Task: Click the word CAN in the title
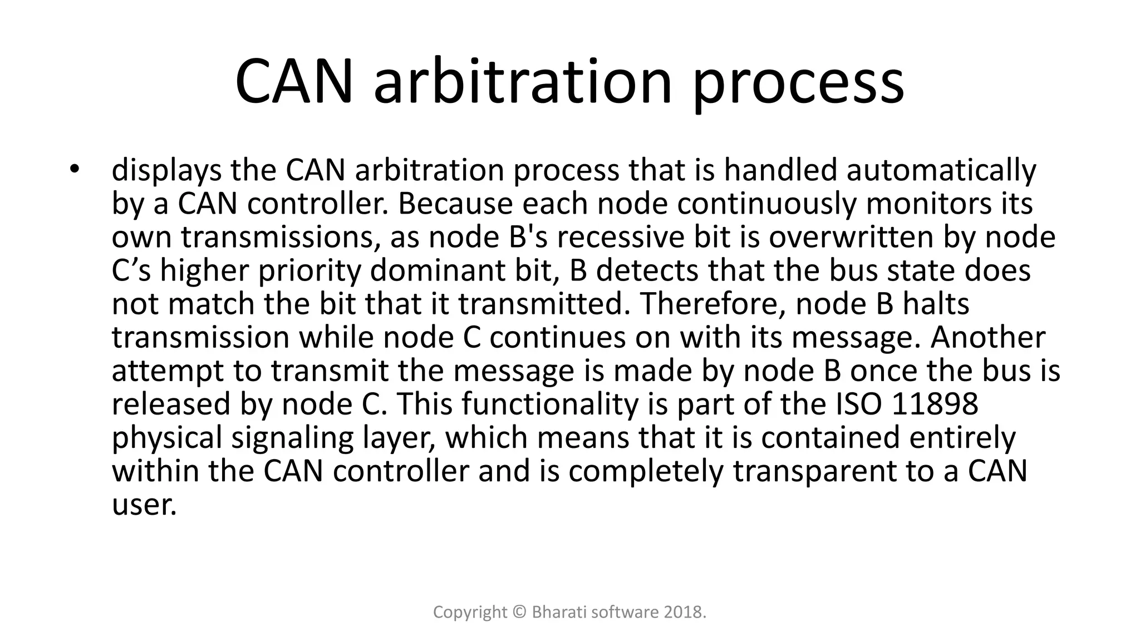pyautogui.click(x=294, y=82)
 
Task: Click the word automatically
pyautogui.click(x=941, y=170)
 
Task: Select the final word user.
pyautogui.click(x=144, y=505)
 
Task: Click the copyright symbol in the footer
pyautogui.click(x=519, y=613)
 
